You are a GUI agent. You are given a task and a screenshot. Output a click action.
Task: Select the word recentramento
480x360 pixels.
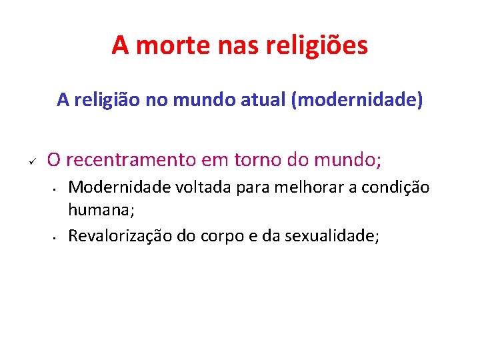pyautogui.click(x=133, y=160)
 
